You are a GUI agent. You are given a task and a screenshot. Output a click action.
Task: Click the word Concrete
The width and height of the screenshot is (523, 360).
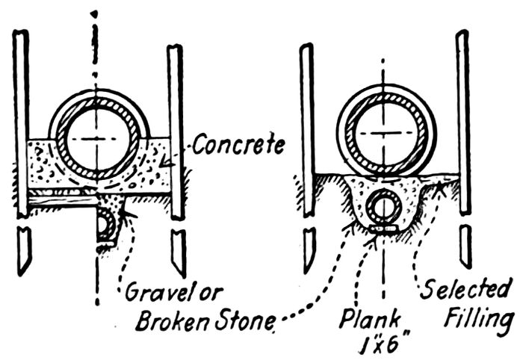point(238,144)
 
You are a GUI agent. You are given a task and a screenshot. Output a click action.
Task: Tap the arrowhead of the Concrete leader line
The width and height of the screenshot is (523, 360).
point(170,160)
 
